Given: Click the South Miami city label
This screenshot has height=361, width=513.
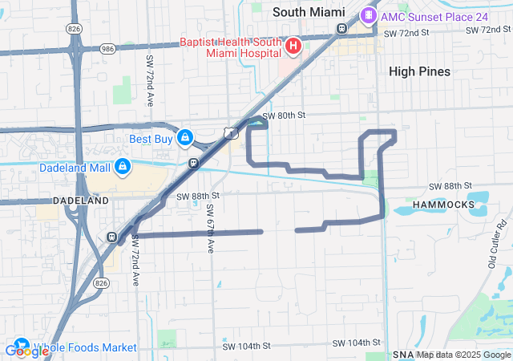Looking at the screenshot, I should pos(309,12).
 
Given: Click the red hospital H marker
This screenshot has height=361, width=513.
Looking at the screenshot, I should pos(293,46).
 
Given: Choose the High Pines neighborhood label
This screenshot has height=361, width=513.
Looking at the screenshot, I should pos(419,71).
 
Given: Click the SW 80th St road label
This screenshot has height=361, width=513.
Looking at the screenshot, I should pos(285,116).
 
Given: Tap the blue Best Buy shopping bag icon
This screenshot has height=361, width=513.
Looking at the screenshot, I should pos(186,138).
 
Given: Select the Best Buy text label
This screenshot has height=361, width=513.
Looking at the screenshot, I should pos(151,139).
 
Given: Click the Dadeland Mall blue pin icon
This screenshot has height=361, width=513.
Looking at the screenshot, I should pos(123,167).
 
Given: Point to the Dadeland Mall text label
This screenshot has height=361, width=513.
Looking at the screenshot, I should pos(76,168).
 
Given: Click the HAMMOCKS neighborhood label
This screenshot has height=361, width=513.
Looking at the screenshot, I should pos(443,205).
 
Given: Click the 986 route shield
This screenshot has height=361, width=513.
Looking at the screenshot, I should pos(107,47).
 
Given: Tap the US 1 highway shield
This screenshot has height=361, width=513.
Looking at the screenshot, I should pos(231,131).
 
